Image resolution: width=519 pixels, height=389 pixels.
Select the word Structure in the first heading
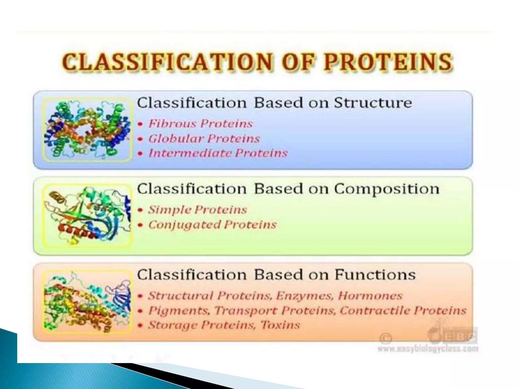(x=373, y=103)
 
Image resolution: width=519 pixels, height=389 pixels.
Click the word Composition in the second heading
(x=386, y=189)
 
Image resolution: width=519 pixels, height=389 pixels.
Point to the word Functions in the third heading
(x=375, y=275)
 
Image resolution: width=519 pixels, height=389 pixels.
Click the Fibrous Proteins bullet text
(x=200, y=124)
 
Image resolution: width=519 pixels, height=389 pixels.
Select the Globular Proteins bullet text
(x=204, y=139)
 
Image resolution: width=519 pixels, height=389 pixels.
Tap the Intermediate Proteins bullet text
(x=218, y=153)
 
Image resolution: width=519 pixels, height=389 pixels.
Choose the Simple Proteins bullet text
(x=197, y=210)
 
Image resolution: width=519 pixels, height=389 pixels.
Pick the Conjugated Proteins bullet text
(x=212, y=225)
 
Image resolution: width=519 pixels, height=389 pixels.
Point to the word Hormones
(x=370, y=296)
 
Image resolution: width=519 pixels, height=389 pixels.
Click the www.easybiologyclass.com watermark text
(x=428, y=349)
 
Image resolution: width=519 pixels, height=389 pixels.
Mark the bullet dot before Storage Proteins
(x=140, y=325)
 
